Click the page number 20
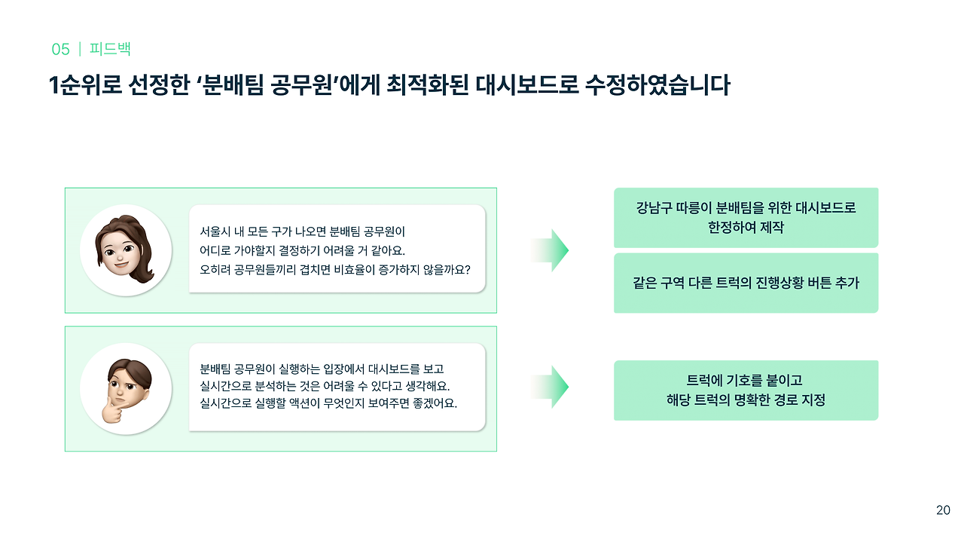coord(943,510)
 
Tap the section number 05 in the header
coord(60,50)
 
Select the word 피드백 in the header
coord(110,50)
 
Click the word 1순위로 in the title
coord(82,85)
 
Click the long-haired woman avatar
coord(125,250)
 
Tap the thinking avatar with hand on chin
coord(125,387)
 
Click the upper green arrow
coord(549,250)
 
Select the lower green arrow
coord(549,387)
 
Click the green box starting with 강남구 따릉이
coord(746,217)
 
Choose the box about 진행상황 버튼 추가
coord(746,283)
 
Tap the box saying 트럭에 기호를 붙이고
coord(746,390)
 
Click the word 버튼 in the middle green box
coord(806,283)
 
